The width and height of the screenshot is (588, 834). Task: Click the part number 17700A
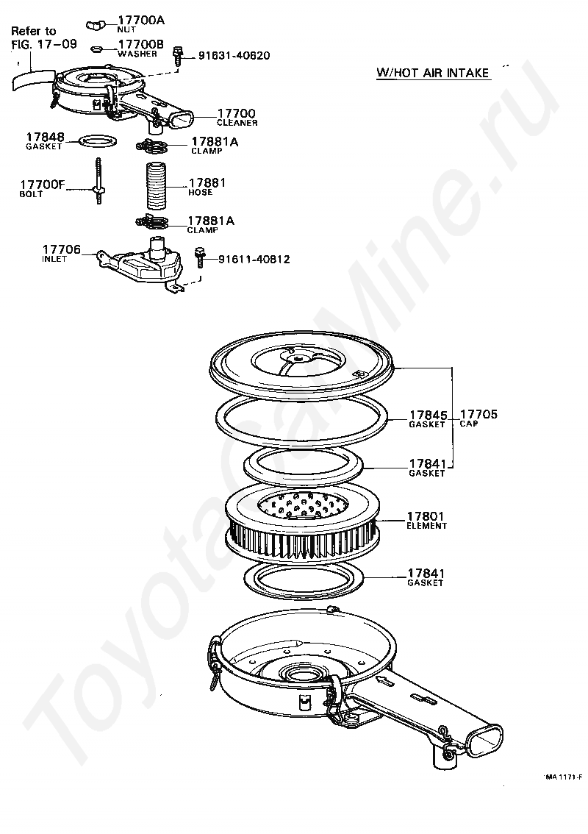(x=141, y=21)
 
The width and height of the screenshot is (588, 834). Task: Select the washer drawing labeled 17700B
(x=96, y=49)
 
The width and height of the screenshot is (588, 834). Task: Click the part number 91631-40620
(x=232, y=56)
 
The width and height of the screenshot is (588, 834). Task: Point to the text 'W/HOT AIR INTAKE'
(x=432, y=73)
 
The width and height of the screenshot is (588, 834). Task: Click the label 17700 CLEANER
(x=237, y=117)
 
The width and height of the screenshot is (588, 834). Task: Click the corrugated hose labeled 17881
(x=156, y=188)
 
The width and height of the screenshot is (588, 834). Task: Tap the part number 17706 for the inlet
(x=62, y=251)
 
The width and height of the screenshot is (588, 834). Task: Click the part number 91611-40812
(x=253, y=259)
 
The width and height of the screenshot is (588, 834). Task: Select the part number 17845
(x=428, y=415)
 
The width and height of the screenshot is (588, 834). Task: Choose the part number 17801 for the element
(x=427, y=517)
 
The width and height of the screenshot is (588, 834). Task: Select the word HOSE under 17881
(x=200, y=193)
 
